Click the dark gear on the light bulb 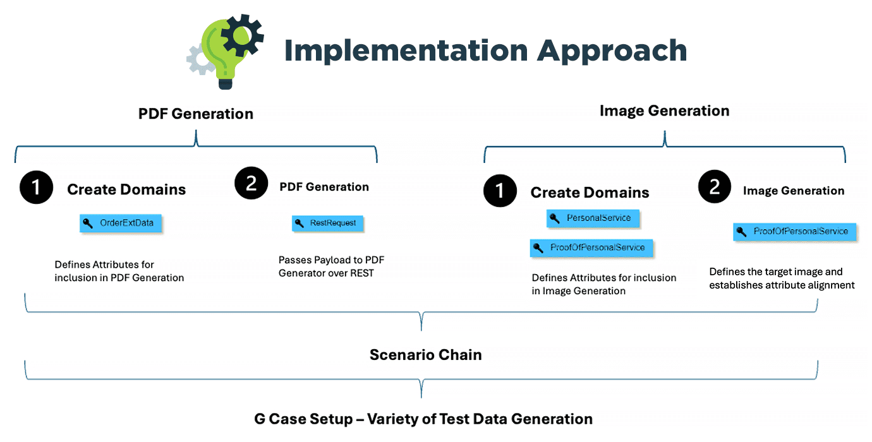coord(241,34)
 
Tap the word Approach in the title coord(612,51)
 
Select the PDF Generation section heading coord(196,114)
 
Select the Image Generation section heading coord(664,111)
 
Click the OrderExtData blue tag coord(121,223)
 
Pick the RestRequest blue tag coord(327,223)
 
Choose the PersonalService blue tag coord(593,218)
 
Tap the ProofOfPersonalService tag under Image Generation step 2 coord(794,232)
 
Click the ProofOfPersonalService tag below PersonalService coord(591,248)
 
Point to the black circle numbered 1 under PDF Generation coord(37,188)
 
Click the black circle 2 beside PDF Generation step coord(251,184)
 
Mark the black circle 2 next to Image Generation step coord(715,188)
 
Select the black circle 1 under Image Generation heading coord(500,190)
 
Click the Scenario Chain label coord(425,355)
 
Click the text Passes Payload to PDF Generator coord(331,266)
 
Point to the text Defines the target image coord(776,272)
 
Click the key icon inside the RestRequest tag coord(300,223)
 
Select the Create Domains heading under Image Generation coord(590,193)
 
